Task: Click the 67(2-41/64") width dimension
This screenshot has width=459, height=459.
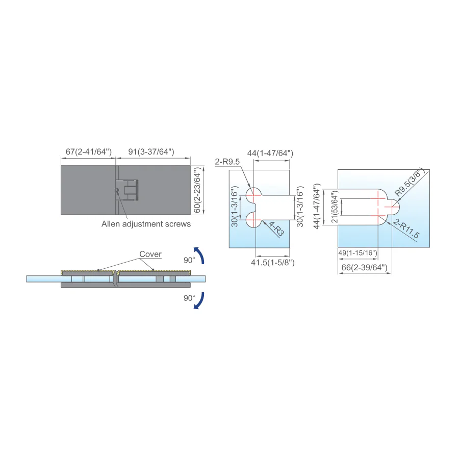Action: pos(89,151)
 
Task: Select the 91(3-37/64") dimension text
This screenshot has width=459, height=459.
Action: pos(151,151)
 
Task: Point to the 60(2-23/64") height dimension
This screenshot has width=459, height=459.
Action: pos(197,190)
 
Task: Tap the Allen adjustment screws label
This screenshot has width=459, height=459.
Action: pos(146,224)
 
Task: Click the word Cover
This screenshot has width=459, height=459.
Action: pos(150,254)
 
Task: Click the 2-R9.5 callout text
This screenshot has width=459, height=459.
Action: pos(227,162)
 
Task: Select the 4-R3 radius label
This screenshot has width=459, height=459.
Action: pos(276,229)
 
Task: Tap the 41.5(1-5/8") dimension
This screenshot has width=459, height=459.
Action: pos(272,262)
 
